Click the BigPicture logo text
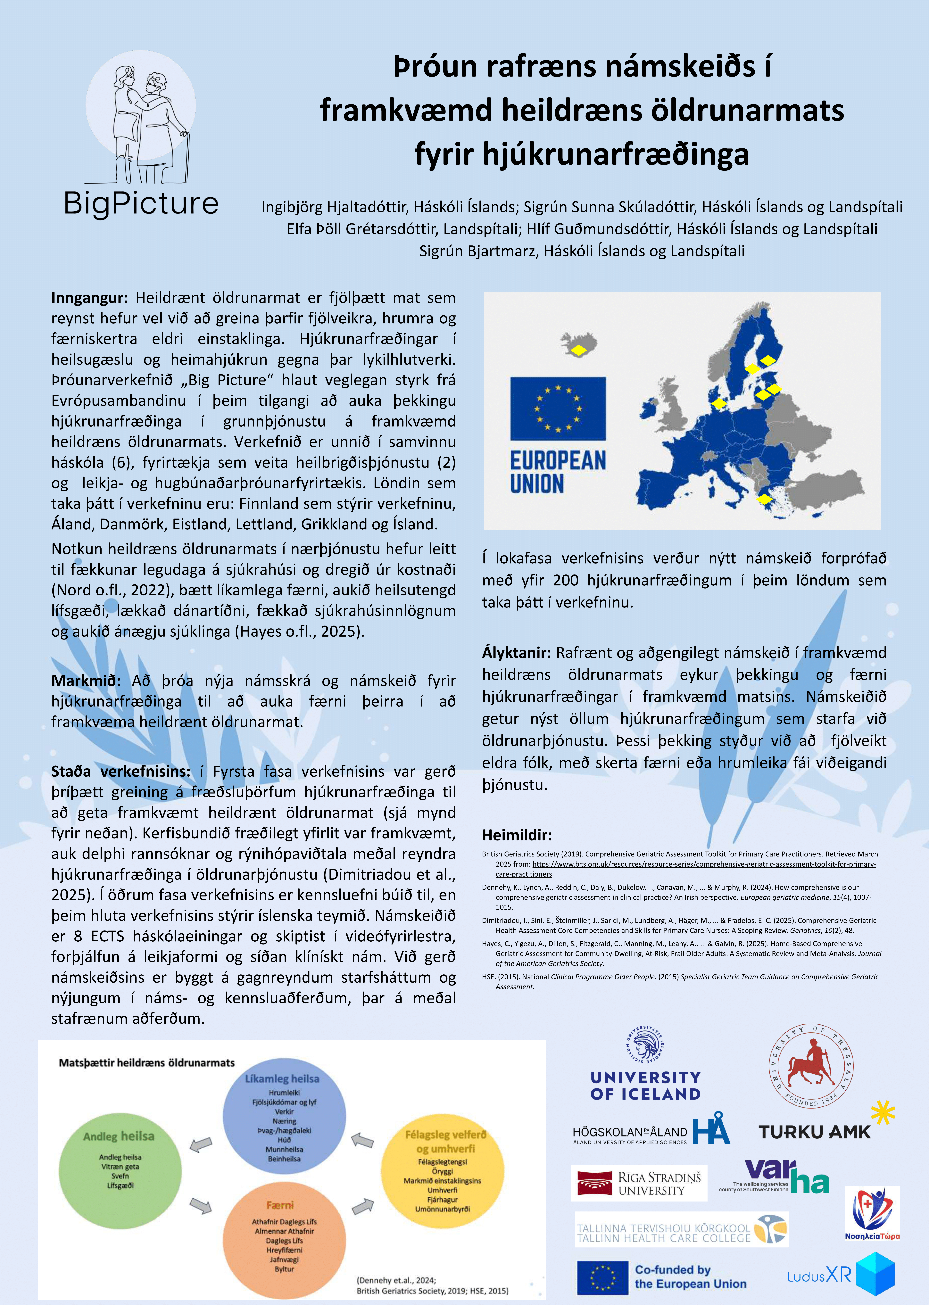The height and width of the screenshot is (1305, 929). pos(141,203)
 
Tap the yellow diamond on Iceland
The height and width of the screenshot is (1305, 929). pos(579,350)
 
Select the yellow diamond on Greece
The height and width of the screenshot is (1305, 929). pos(764,499)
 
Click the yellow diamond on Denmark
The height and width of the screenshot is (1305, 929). pos(719,404)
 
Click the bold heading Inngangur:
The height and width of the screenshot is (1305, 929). pos(89,298)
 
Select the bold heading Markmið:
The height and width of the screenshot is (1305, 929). pos(86,681)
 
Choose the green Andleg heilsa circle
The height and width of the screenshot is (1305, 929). pos(119,1169)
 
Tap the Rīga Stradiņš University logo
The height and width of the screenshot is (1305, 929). pos(638,1183)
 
